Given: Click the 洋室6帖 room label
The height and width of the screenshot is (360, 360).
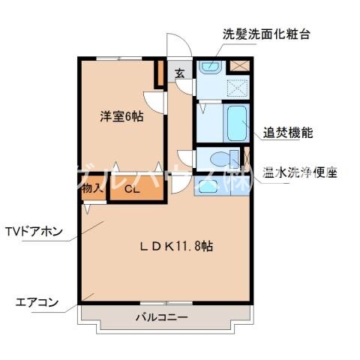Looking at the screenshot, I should (x=121, y=116).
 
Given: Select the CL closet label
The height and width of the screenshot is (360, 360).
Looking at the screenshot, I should (x=132, y=190).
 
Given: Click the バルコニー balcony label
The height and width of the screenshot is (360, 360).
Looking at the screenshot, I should (x=161, y=317).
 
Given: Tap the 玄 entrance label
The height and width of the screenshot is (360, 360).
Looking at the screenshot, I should (x=181, y=73).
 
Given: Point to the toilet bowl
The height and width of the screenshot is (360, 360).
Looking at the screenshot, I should (x=222, y=160).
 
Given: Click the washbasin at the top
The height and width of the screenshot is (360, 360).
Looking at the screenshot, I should (x=209, y=68).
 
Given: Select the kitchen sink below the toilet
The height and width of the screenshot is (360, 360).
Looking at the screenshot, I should (x=208, y=184).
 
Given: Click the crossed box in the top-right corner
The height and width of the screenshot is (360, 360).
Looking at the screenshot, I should (x=239, y=65).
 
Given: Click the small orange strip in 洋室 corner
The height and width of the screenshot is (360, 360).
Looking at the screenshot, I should (x=159, y=73).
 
